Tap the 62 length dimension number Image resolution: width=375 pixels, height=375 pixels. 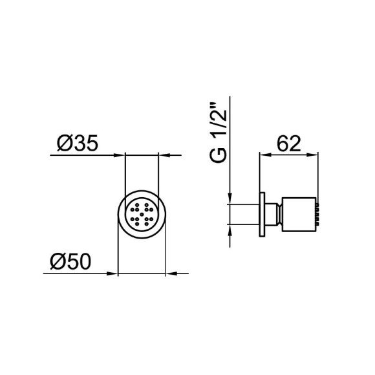(289, 144)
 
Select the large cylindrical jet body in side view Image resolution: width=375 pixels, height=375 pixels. (297, 214)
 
